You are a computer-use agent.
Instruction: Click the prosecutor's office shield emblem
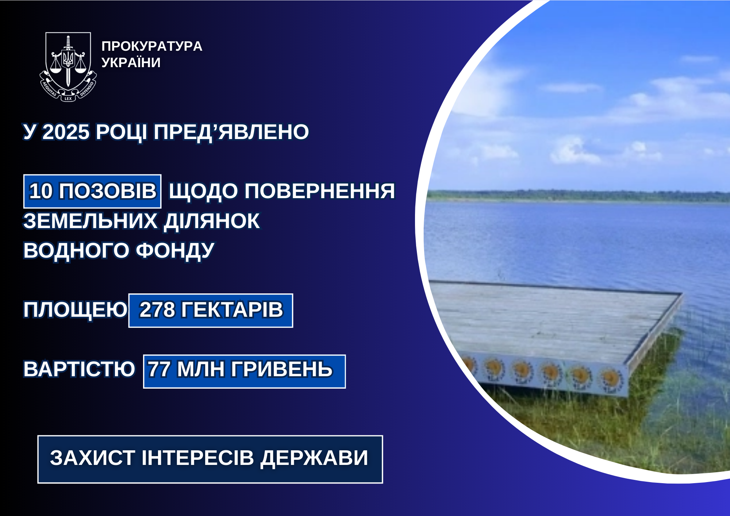point(68,67)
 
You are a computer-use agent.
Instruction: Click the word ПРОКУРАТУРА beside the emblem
point(152,46)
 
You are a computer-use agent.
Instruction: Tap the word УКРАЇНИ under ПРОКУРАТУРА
point(131,62)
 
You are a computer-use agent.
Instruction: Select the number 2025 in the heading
point(66,132)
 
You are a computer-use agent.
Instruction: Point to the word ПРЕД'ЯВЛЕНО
point(231,132)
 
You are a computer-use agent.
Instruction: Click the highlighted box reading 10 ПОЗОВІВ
point(92,191)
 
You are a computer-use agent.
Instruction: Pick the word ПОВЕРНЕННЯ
point(320,191)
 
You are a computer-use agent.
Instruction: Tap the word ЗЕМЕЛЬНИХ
point(90,221)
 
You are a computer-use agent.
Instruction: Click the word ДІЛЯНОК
point(212,222)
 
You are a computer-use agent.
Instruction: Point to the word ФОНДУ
point(175,251)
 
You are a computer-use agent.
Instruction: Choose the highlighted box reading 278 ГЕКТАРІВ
point(211,311)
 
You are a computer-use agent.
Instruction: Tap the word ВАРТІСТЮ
point(79,369)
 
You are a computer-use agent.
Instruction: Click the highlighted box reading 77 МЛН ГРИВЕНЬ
point(245,371)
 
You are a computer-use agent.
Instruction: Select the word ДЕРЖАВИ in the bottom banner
point(314,458)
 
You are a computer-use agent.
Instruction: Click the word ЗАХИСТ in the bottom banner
point(93,458)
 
